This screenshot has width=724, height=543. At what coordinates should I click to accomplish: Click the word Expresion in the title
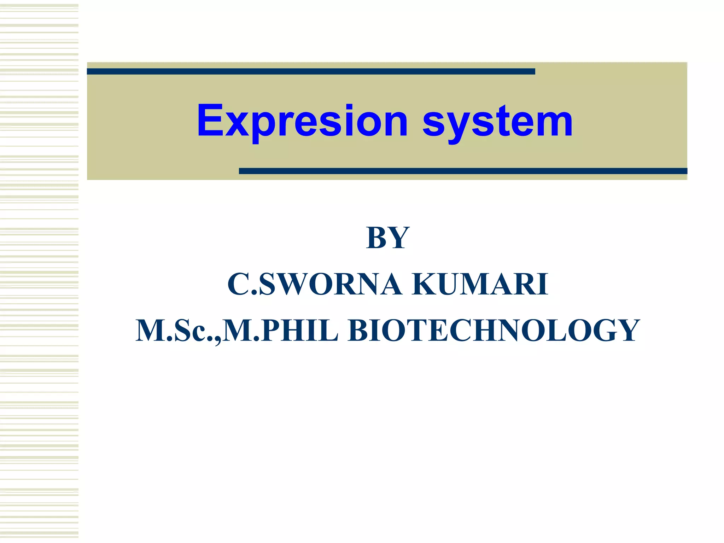pos(303,121)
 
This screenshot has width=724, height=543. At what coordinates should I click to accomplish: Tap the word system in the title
pos(497,121)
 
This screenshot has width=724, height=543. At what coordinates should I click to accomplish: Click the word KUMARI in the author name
pos(480,284)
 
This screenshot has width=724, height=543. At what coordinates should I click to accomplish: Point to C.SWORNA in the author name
pos(315,284)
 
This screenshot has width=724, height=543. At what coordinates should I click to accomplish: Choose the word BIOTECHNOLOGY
pos(494,331)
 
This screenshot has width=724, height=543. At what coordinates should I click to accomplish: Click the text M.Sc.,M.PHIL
pos(237,331)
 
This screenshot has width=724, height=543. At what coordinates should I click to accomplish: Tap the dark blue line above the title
pos(311,71)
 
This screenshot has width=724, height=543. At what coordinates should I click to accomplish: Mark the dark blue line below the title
pos(463,171)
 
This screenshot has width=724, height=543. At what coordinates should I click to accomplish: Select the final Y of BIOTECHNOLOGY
pos(627,331)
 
